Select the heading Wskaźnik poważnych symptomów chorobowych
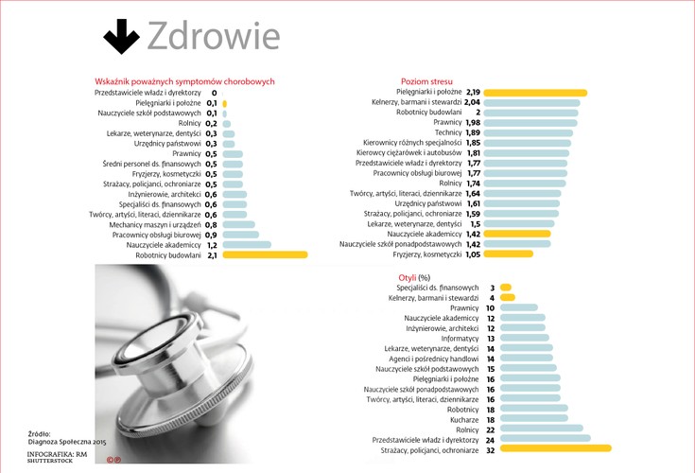pos(184,81)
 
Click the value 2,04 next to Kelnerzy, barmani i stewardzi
pos(473,102)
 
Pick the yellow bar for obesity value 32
pos(556,450)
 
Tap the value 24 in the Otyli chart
pos(490,440)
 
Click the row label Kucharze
pos(464,419)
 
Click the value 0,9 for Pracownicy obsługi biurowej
pos(212,235)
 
